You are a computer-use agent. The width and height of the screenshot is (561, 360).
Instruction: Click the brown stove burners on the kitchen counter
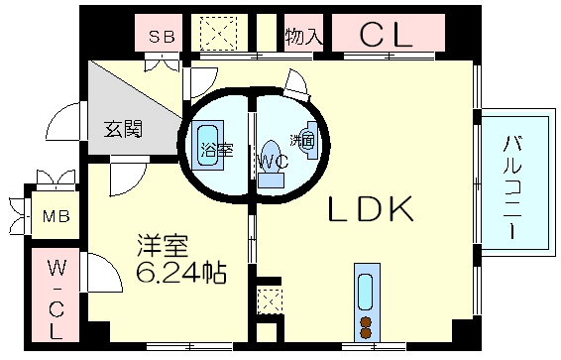366,328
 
